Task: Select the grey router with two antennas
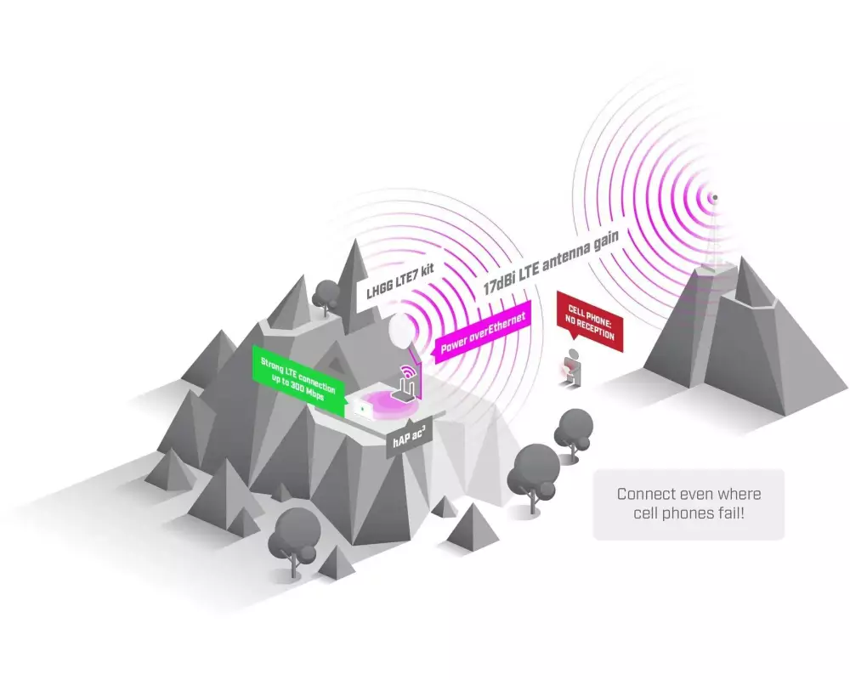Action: [x=405, y=390]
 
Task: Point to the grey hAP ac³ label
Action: [x=410, y=437]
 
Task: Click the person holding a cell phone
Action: [x=572, y=369]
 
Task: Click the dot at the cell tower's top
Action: [x=715, y=197]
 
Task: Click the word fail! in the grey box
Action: [x=732, y=513]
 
